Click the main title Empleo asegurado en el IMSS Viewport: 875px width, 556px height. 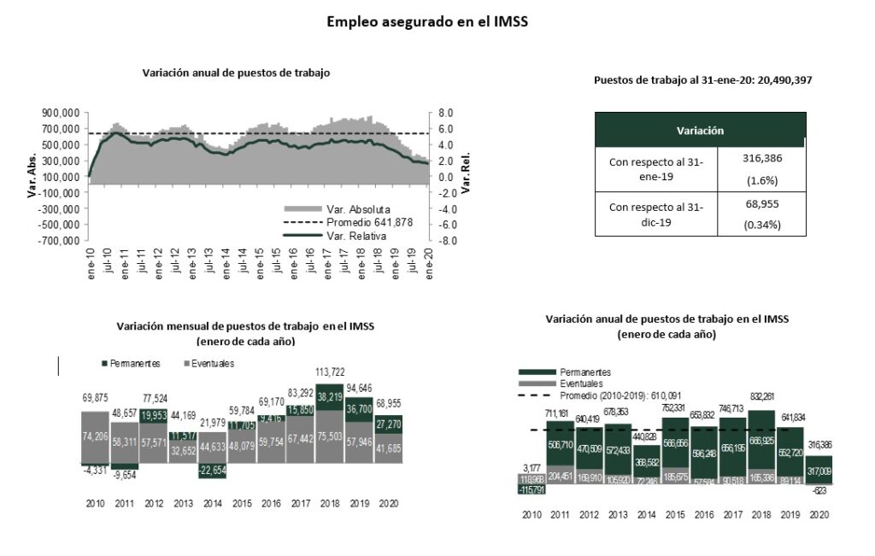(427, 22)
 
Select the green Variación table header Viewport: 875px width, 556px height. (700, 131)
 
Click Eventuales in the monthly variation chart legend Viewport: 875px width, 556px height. (210, 363)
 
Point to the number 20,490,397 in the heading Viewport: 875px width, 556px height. (777, 79)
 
